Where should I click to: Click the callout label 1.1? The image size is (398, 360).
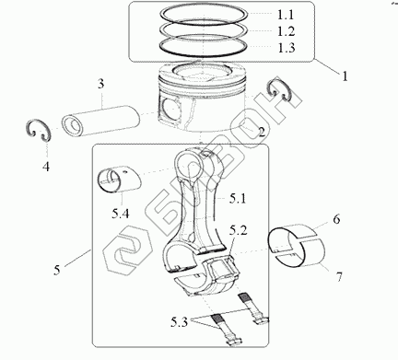tap(286, 15)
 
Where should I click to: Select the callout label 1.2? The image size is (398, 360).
tap(286, 31)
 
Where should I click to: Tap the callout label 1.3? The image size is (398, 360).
tap(286, 48)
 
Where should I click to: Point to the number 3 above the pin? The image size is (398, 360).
tap(101, 84)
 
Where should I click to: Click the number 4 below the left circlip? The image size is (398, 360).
tap(46, 167)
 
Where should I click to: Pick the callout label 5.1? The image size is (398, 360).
tap(238, 199)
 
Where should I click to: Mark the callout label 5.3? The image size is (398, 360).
tap(179, 322)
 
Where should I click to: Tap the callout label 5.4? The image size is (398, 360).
tap(120, 214)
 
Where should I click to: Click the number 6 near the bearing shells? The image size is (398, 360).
tap(336, 219)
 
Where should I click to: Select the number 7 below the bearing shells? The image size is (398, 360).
tap(339, 277)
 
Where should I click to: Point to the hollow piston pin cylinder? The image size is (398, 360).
tap(100, 121)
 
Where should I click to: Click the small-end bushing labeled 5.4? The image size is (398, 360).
tap(119, 180)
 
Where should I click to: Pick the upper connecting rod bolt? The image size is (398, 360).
tap(253, 308)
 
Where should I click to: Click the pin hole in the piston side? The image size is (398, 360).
tap(169, 108)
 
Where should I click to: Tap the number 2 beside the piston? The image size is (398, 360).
tap(262, 132)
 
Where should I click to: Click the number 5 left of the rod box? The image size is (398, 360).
tap(57, 270)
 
